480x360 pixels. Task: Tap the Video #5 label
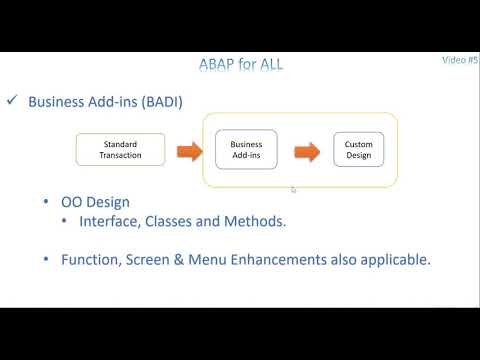pos(460,60)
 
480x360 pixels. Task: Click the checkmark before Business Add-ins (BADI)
pos(13,101)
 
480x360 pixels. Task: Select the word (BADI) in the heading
pos(163,101)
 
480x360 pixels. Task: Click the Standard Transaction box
pos(120,150)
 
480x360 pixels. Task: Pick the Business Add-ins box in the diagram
pos(246,150)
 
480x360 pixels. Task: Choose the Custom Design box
pos(358,150)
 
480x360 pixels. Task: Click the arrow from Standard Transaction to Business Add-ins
pos(189,151)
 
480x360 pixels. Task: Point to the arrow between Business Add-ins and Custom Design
pos(305,151)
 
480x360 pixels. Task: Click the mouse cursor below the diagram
pos(292,189)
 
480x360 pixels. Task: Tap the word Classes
pos(176,222)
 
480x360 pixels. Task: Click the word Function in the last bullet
pos(92,259)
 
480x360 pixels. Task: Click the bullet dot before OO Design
pos(48,203)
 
